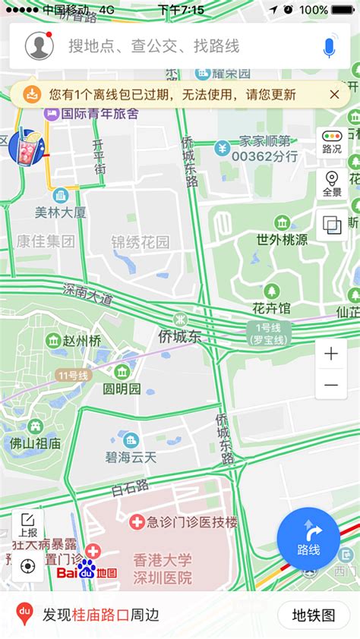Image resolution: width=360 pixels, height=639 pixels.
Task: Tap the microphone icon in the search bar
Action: click(329, 47)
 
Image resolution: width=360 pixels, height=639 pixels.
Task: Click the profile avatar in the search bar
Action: click(39, 46)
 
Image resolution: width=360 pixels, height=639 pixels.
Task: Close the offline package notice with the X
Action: click(334, 94)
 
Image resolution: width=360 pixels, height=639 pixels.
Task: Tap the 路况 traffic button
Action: click(332, 142)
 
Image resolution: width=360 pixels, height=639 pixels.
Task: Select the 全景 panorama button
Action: click(332, 184)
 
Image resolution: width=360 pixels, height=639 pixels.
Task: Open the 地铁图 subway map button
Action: click(314, 615)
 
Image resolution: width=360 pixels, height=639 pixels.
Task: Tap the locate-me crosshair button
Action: click(28, 566)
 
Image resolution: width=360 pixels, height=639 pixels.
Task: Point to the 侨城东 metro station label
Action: click(180, 335)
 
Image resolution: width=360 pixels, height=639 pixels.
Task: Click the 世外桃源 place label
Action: click(282, 240)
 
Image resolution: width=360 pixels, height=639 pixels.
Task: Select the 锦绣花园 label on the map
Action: click(141, 243)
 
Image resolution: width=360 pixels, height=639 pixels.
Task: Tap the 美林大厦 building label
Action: click(61, 212)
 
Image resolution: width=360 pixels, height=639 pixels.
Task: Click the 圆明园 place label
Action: click(122, 389)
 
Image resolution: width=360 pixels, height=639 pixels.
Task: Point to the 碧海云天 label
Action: click(131, 457)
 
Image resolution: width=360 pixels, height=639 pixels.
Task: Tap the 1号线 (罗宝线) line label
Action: click(268, 333)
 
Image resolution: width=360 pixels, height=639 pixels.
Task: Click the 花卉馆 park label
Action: click(272, 308)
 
